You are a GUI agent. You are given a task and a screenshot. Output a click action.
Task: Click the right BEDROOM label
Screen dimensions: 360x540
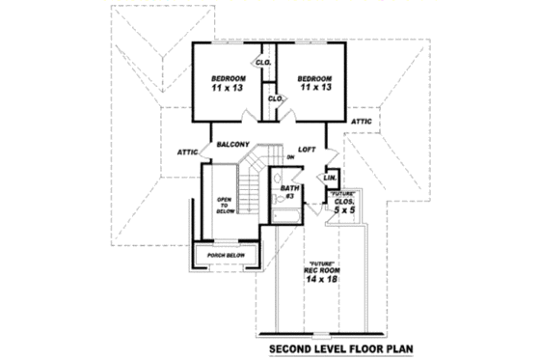[x=314, y=78]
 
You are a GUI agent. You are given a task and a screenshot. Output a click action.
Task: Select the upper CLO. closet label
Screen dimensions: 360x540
[x=262, y=62]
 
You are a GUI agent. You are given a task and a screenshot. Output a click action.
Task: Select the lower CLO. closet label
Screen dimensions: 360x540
[x=274, y=97]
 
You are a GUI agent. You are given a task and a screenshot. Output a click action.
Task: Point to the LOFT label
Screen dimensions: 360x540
[x=308, y=150]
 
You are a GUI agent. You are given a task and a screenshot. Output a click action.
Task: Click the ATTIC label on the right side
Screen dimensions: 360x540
[x=362, y=121]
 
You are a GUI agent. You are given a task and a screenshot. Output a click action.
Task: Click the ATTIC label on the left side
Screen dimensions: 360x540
[x=187, y=152]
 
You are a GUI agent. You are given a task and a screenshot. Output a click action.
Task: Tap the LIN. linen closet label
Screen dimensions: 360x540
[x=330, y=178]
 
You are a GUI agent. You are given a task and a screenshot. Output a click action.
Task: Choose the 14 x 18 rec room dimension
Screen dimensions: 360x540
[x=321, y=278]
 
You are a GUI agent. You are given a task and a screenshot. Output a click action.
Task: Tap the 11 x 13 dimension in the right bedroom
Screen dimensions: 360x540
[x=314, y=89]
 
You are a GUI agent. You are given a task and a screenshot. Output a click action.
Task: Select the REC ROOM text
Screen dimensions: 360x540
[x=321, y=268]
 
